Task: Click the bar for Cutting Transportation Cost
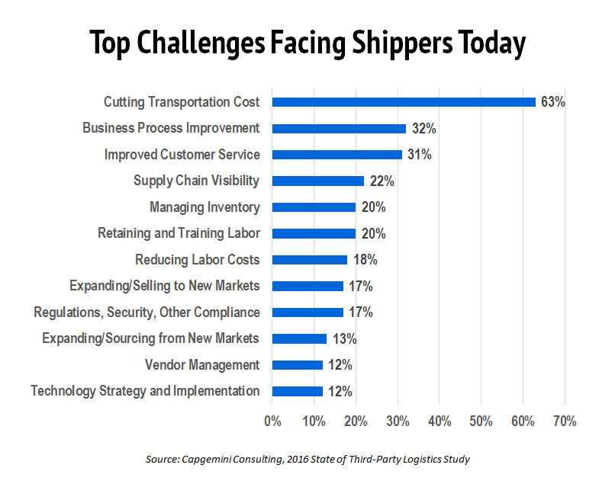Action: pyautogui.click(x=404, y=102)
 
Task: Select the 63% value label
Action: pyautogui.click(x=552, y=102)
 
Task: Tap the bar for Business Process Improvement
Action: pyautogui.click(x=339, y=128)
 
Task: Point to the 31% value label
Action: pyautogui.click(x=419, y=155)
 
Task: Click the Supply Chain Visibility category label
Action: pyautogui.click(x=196, y=181)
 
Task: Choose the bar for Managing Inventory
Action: pyautogui.click(x=314, y=207)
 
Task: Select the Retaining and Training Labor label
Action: pyautogui.click(x=179, y=233)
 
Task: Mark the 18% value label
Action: pyautogui.click(x=365, y=260)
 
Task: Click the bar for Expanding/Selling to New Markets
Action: pyautogui.click(x=307, y=287)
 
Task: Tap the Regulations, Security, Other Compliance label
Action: pyautogui.click(x=147, y=313)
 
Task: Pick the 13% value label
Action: pyautogui.click(x=344, y=338)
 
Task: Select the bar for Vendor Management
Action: pyautogui.click(x=297, y=365)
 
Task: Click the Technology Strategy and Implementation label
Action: pyautogui.click(x=145, y=391)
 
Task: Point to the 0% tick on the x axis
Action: pyautogui.click(x=272, y=421)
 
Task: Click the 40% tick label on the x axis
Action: pyautogui.click(x=439, y=421)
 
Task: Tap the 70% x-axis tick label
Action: pyautogui.click(x=564, y=421)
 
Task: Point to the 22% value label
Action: pyautogui.click(x=382, y=181)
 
